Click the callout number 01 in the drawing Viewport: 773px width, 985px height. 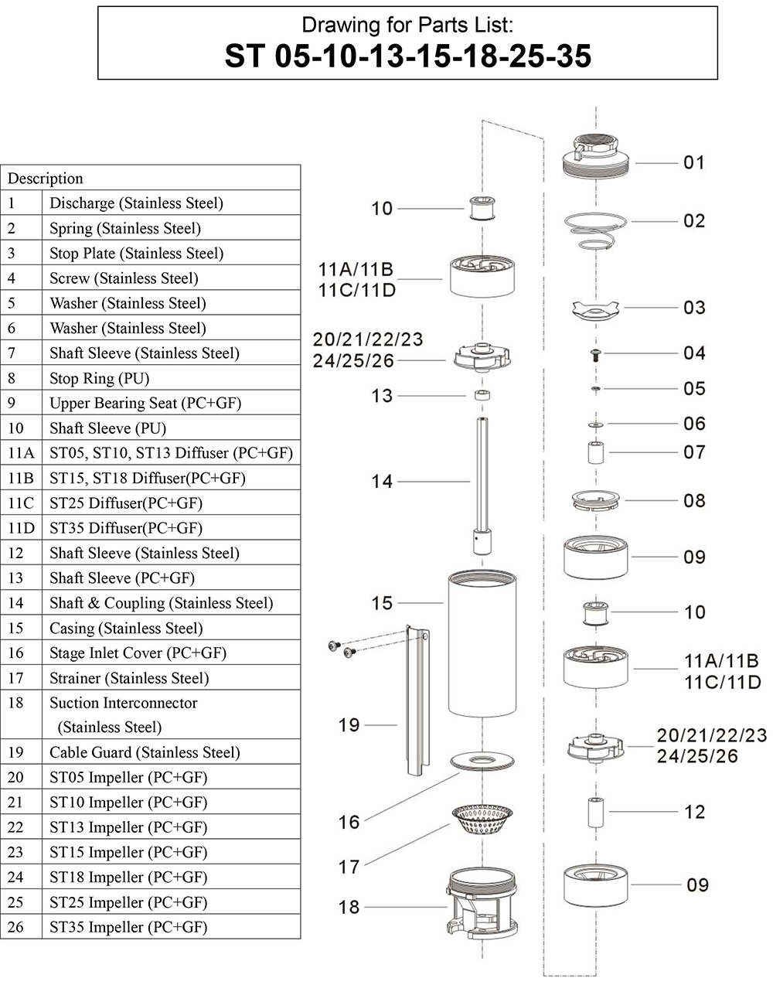coord(694,162)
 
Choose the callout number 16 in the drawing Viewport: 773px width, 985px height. coord(349,822)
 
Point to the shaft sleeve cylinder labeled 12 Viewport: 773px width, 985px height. coord(596,813)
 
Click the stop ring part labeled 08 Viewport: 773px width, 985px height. coord(596,501)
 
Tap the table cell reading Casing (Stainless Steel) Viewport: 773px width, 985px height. coord(126,628)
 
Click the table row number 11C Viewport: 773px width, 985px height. coord(21,503)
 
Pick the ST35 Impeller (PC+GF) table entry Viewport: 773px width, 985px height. coord(128,927)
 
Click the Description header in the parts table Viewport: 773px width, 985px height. coord(46,179)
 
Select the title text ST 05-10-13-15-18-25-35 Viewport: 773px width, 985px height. coord(407,55)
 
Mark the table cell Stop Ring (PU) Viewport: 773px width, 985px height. coord(100,379)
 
